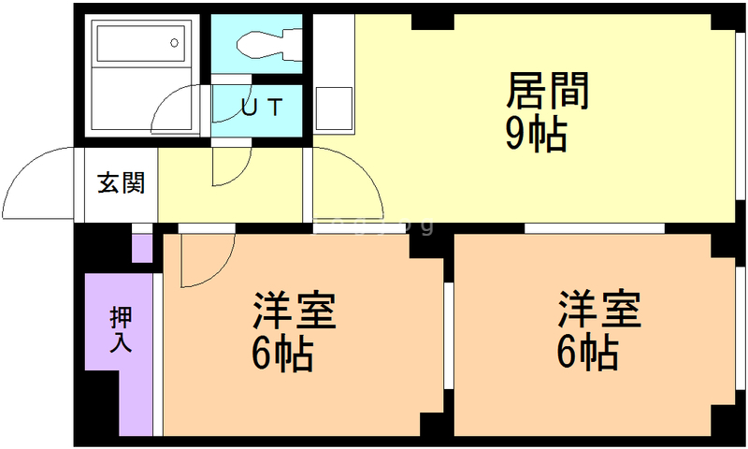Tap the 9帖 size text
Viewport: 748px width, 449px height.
pyautogui.click(x=536, y=136)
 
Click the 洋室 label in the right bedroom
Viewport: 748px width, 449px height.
pyautogui.click(x=600, y=311)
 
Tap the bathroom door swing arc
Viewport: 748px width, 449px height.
pyautogui.click(x=178, y=112)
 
